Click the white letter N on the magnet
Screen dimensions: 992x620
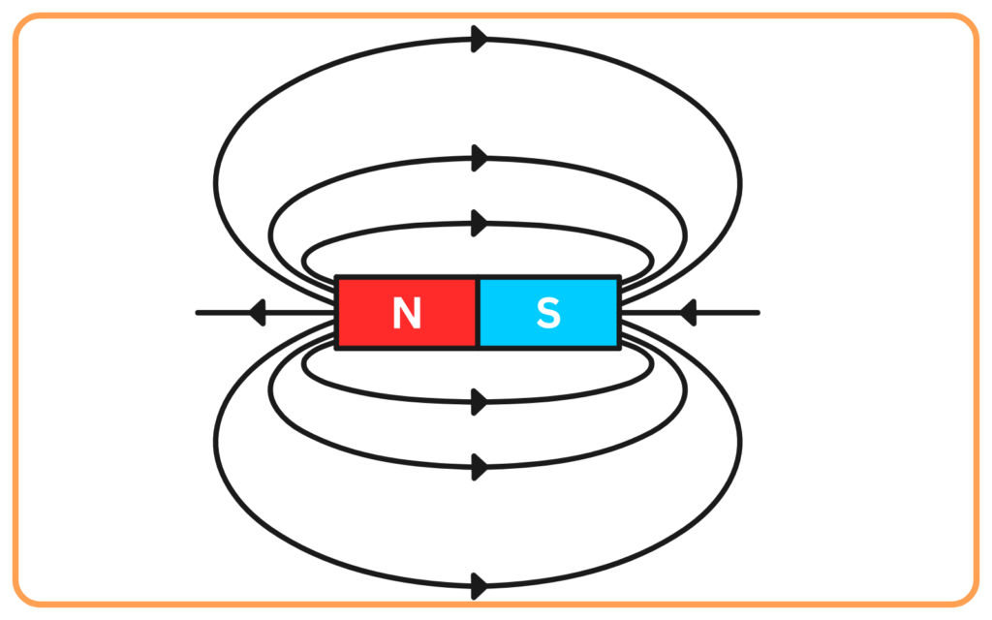[407, 313]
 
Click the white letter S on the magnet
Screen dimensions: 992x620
[548, 313]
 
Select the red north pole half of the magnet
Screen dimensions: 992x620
[407, 313]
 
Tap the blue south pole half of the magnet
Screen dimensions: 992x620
[548, 313]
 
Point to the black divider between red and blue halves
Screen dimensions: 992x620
[478, 313]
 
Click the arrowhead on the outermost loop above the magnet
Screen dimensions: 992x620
[480, 39]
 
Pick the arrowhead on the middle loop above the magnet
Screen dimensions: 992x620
[480, 158]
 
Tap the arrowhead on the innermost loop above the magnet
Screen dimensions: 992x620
[480, 224]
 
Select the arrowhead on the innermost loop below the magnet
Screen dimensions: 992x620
[480, 402]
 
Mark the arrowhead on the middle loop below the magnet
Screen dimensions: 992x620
[480, 467]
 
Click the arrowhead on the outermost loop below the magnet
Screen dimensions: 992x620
[480, 586]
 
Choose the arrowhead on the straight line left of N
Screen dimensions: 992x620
[257, 313]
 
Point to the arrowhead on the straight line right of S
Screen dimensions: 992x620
[688, 313]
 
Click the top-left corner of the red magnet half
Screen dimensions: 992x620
[336, 276]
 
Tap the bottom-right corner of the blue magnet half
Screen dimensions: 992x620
[620, 349]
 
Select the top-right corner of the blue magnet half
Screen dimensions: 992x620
[620, 276]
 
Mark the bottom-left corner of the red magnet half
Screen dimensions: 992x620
[336, 349]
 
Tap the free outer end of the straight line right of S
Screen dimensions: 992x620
[758, 313]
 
